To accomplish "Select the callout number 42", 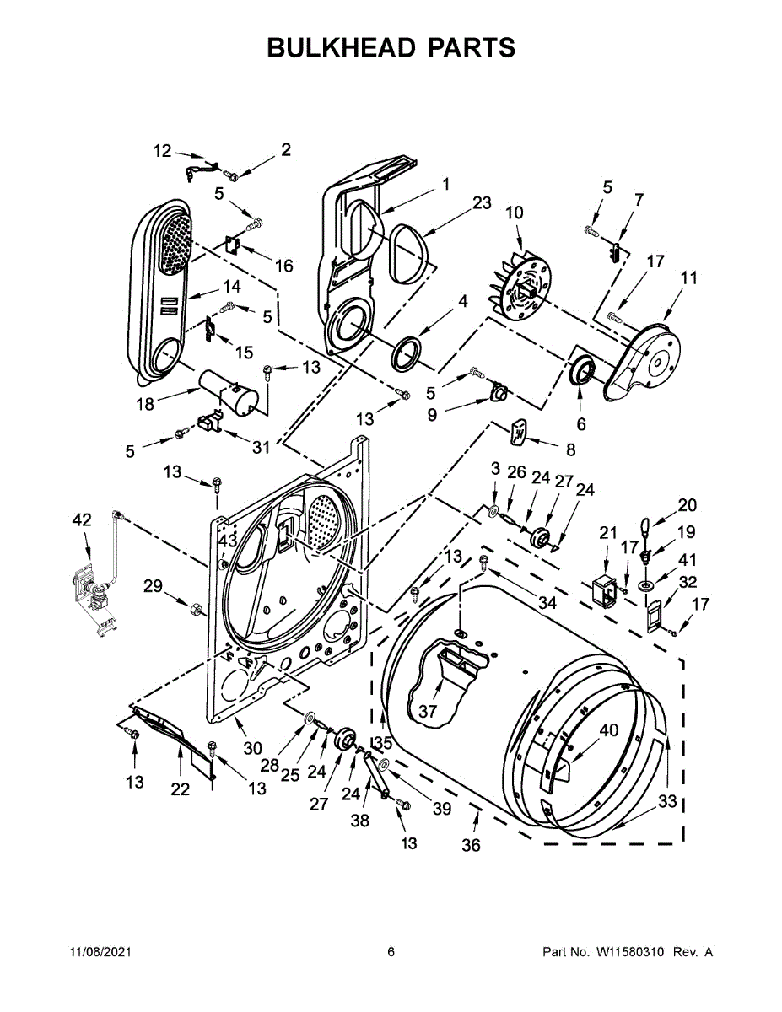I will click(x=81, y=520).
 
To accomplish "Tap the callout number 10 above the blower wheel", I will click(x=514, y=213).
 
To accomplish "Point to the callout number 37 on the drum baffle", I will click(x=428, y=711).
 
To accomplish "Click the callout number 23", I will click(x=481, y=202).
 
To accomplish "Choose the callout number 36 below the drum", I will click(x=471, y=844).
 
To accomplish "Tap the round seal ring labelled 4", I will click(x=407, y=352).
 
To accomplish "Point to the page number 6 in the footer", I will click(x=391, y=952).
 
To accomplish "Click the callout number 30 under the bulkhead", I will click(x=253, y=747).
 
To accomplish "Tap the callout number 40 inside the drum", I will click(x=608, y=729).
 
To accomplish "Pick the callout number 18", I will click(x=145, y=404).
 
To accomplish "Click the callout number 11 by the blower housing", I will click(x=689, y=277).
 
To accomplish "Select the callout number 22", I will click(x=180, y=789).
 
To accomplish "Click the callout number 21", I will click(x=608, y=532).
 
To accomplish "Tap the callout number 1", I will click(x=445, y=183).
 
